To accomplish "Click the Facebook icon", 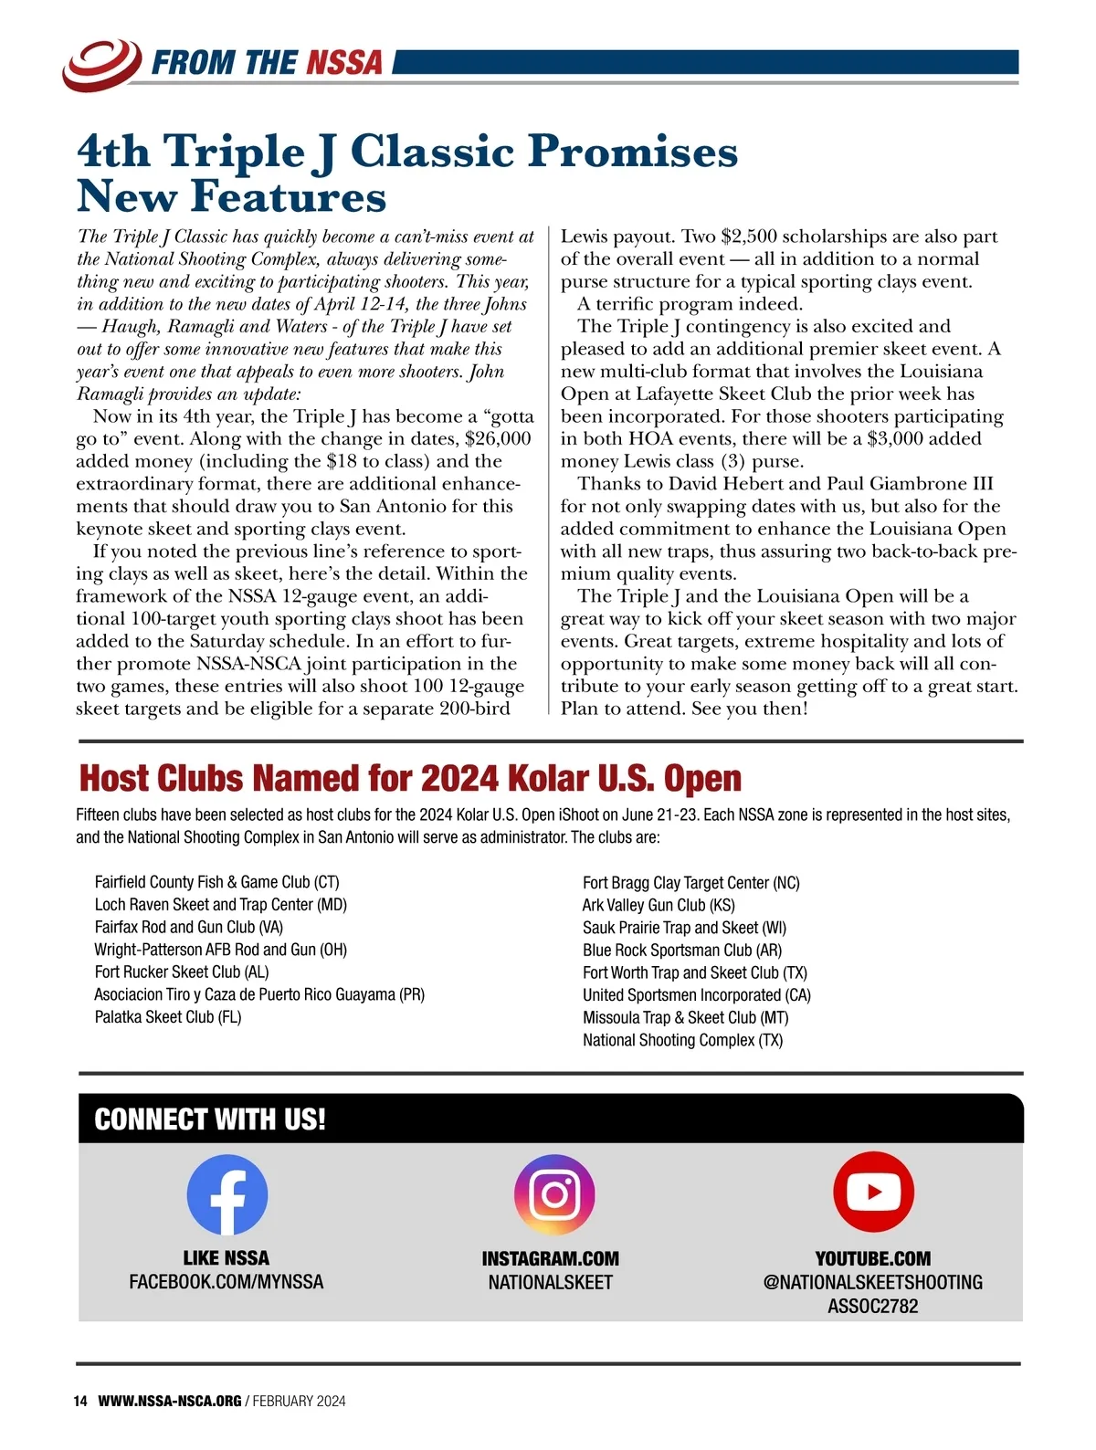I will pos(227,1194).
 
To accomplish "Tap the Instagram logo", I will pos(554,1194).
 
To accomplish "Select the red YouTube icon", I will pos(873,1192).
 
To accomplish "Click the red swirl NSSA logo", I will pos(101,63).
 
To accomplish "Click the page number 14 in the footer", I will pos(80,1401).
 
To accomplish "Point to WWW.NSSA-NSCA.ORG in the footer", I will pos(170,1401).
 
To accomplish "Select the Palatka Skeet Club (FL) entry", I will pos(168,1017).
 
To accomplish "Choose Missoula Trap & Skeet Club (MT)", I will pos(685,1017).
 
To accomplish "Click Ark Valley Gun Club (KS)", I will pos(659,905).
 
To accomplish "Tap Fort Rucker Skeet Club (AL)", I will pos(182,972).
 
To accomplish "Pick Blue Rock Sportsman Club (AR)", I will pos(682,950).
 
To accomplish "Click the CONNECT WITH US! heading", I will pos(210,1119).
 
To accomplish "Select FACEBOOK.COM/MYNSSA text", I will pos(227,1282).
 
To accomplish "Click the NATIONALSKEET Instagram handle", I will pos(550,1282).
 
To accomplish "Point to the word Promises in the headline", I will pos(632,151).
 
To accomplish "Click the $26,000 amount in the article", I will pos(498,439).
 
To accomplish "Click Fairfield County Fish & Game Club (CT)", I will pos(216,882).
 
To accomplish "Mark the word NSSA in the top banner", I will pos(344,63).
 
